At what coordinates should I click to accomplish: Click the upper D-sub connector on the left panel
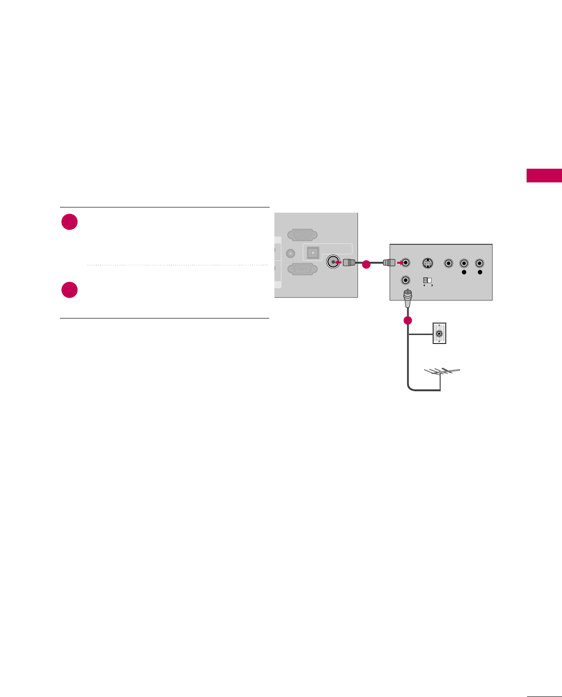pos(302,234)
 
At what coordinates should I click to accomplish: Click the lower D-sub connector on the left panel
pos(302,268)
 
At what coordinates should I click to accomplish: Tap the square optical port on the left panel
pos(313,253)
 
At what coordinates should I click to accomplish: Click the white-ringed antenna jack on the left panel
pos(333,262)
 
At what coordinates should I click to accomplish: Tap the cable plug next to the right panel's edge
pos(388,262)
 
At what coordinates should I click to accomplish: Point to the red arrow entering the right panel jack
pos(400,262)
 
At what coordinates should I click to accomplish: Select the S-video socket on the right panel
pos(427,263)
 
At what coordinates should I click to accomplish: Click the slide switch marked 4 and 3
pos(427,280)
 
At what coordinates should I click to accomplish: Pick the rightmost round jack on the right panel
pos(479,263)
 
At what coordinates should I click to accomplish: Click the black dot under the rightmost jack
pos(480,272)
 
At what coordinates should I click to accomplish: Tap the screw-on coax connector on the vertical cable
pos(407,295)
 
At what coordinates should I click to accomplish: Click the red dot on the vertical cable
pos(408,320)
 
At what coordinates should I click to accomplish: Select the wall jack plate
pos(440,333)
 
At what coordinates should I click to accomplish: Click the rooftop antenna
pos(442,373)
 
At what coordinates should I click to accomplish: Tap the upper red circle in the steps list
pos(69,222)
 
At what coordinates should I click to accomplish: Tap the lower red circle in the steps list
pos(69,290)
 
